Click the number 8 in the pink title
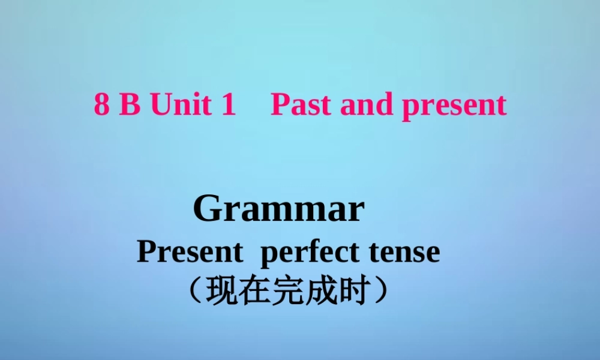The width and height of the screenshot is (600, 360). point(102,105)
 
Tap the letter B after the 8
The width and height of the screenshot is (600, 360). point(130,105)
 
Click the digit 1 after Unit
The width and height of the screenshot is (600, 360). point(228,105)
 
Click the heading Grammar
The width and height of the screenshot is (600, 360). point(279,209)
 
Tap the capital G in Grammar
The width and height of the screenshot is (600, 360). point(207,209)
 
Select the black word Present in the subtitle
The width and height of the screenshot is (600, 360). point(190,252)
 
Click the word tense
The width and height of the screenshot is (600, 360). point(406,252)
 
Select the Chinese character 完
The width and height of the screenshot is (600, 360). point(287,292)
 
